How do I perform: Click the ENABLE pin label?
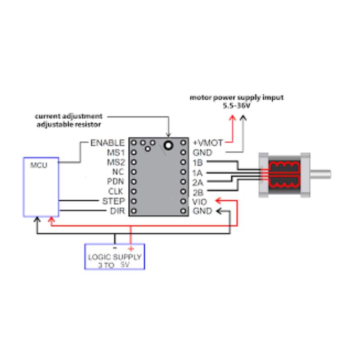[108, 143]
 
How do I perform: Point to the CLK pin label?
[116, 191]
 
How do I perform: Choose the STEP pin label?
[113, 201]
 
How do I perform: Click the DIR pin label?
[117, 211]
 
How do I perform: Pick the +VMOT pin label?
[207, 143]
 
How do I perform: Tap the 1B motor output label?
[197, 162]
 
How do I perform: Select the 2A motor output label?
[198, 182]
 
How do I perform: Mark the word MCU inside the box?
[38, 165]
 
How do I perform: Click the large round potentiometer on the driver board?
[169, 145]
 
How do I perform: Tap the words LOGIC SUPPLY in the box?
[114, 257]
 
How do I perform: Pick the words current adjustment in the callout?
[69, 116]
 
